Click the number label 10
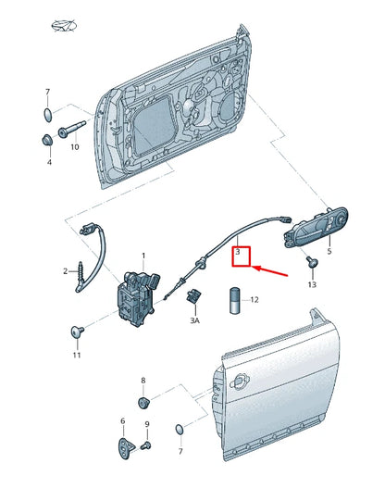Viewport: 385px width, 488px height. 74,146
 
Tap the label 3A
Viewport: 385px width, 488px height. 195,320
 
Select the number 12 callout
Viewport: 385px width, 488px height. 255,300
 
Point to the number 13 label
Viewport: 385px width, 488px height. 312,284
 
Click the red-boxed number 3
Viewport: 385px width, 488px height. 239,252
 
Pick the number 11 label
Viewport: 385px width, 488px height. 77,355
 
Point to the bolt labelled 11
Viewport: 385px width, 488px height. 77,331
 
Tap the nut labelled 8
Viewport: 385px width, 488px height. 143,403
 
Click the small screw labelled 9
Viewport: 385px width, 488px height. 146,446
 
